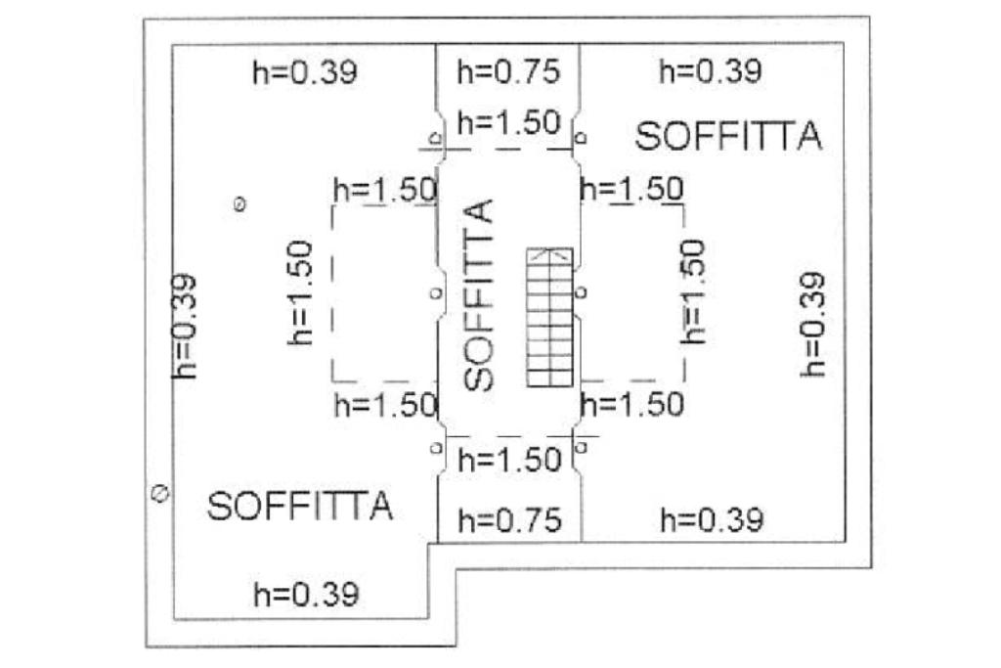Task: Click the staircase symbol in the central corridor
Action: [549, 318]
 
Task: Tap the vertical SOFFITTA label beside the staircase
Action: [479, 295]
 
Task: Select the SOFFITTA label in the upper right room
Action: [728, 136]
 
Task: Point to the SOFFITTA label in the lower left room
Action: [299, 506]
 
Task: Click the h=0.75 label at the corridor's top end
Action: [508, 71]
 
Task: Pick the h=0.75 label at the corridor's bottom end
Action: [509, 520]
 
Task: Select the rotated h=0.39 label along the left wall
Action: [185, 326]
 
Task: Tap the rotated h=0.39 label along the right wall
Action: [813, 325]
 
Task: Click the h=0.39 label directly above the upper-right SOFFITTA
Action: [711, 71]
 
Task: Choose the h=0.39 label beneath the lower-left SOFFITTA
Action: [306, 595]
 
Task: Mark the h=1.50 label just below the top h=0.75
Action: [508, 122]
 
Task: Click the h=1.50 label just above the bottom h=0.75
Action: [509, 460]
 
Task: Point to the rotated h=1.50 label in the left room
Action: [300, 292]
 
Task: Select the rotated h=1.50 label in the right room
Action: [693, 291]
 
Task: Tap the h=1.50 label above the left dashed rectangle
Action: [385, 190]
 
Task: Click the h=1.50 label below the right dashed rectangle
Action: [632, 405]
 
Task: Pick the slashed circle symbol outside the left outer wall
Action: [159, 493]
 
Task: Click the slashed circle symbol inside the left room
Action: [240, 204]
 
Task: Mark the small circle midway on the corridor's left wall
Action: [436, 293]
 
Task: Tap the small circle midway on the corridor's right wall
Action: [581, 292]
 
